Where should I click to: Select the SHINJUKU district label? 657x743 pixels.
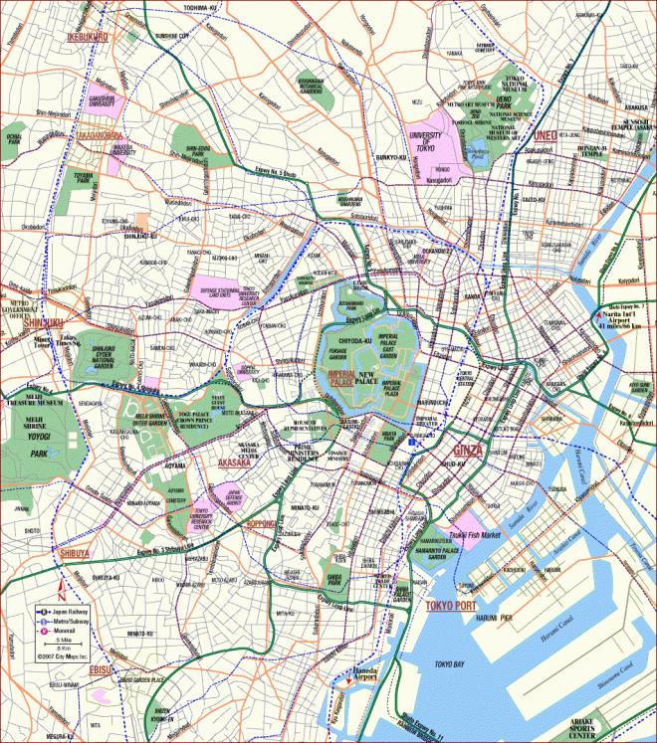coord(43,322)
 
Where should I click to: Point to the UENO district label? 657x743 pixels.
coord(547,135)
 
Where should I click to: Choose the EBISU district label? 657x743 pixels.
coord(101,670)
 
